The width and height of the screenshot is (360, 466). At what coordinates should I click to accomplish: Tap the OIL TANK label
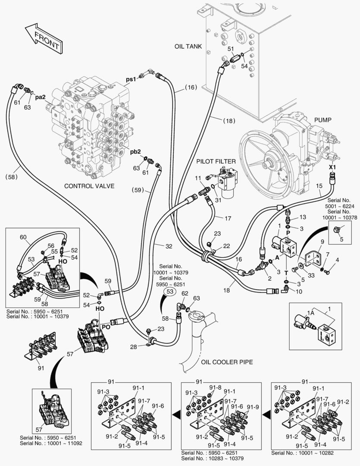pos(188,46)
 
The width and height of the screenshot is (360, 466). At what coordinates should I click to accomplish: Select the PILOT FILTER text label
pos(216,161)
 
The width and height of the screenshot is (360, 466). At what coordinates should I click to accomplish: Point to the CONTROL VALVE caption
pos(89,186)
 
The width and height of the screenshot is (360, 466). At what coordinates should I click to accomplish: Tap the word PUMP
pos(322,120)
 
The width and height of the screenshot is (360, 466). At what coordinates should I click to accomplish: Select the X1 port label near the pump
pos(332,167)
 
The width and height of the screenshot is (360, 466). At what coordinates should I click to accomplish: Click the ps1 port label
pos(131,79)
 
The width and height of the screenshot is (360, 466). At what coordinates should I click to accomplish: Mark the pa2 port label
pos(41,98)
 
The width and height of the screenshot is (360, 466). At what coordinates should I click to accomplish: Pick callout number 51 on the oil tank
pos(231,49)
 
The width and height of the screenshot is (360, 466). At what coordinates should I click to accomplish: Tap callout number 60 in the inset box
pos(23,237)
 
